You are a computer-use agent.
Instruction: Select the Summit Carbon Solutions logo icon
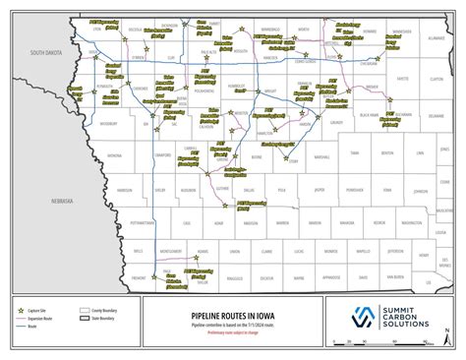(362, 318)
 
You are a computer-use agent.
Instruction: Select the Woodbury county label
(108, 124)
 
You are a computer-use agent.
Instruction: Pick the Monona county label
(115, 155)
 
